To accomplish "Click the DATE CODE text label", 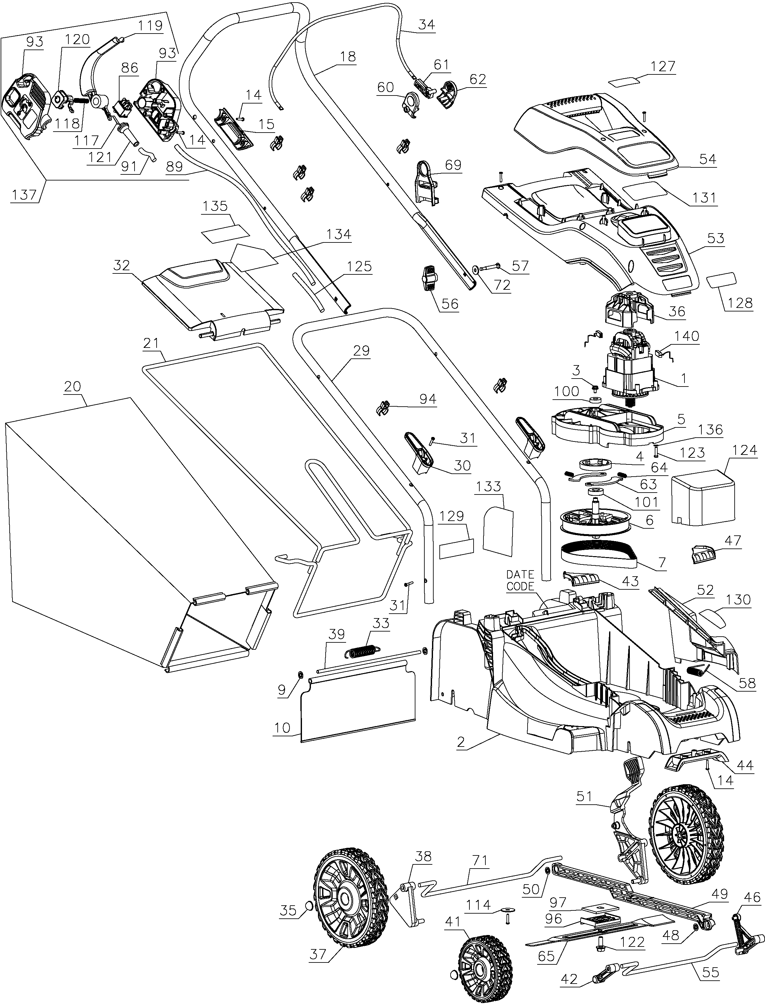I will click(x=520, y=580).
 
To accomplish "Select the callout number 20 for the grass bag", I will click(x=73, y=387).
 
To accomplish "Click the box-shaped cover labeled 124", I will click(x=704, y=496).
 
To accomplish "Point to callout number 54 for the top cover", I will click(x=707, y=159).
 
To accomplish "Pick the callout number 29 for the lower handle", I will click(x=361, y=350).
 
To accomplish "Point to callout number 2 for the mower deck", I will click(x=461, y=743).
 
